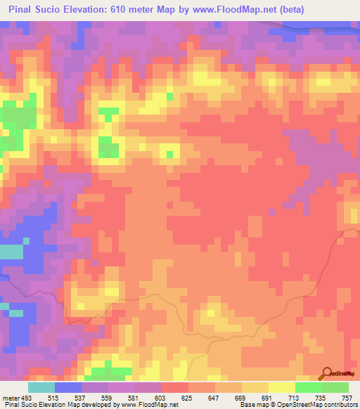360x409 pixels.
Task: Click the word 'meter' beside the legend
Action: click(10, 397)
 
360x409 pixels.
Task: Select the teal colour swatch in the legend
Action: click(41, 387)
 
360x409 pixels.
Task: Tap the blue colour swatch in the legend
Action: click(68, 387)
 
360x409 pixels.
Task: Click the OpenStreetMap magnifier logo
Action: click(327, 373)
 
